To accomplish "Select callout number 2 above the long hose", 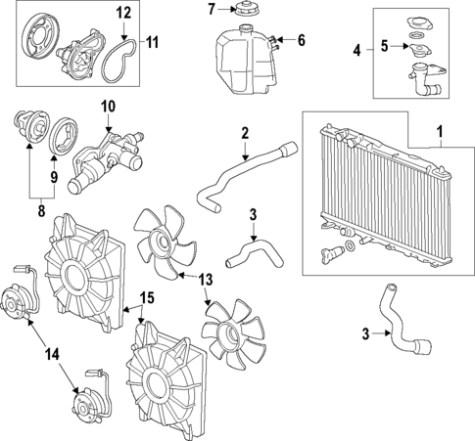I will pos(245,133).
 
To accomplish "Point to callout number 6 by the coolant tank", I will pos(301,41).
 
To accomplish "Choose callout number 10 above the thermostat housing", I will pos(107,105).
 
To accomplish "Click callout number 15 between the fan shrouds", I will pos(147,296).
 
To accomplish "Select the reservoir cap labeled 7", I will pos(242,11).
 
